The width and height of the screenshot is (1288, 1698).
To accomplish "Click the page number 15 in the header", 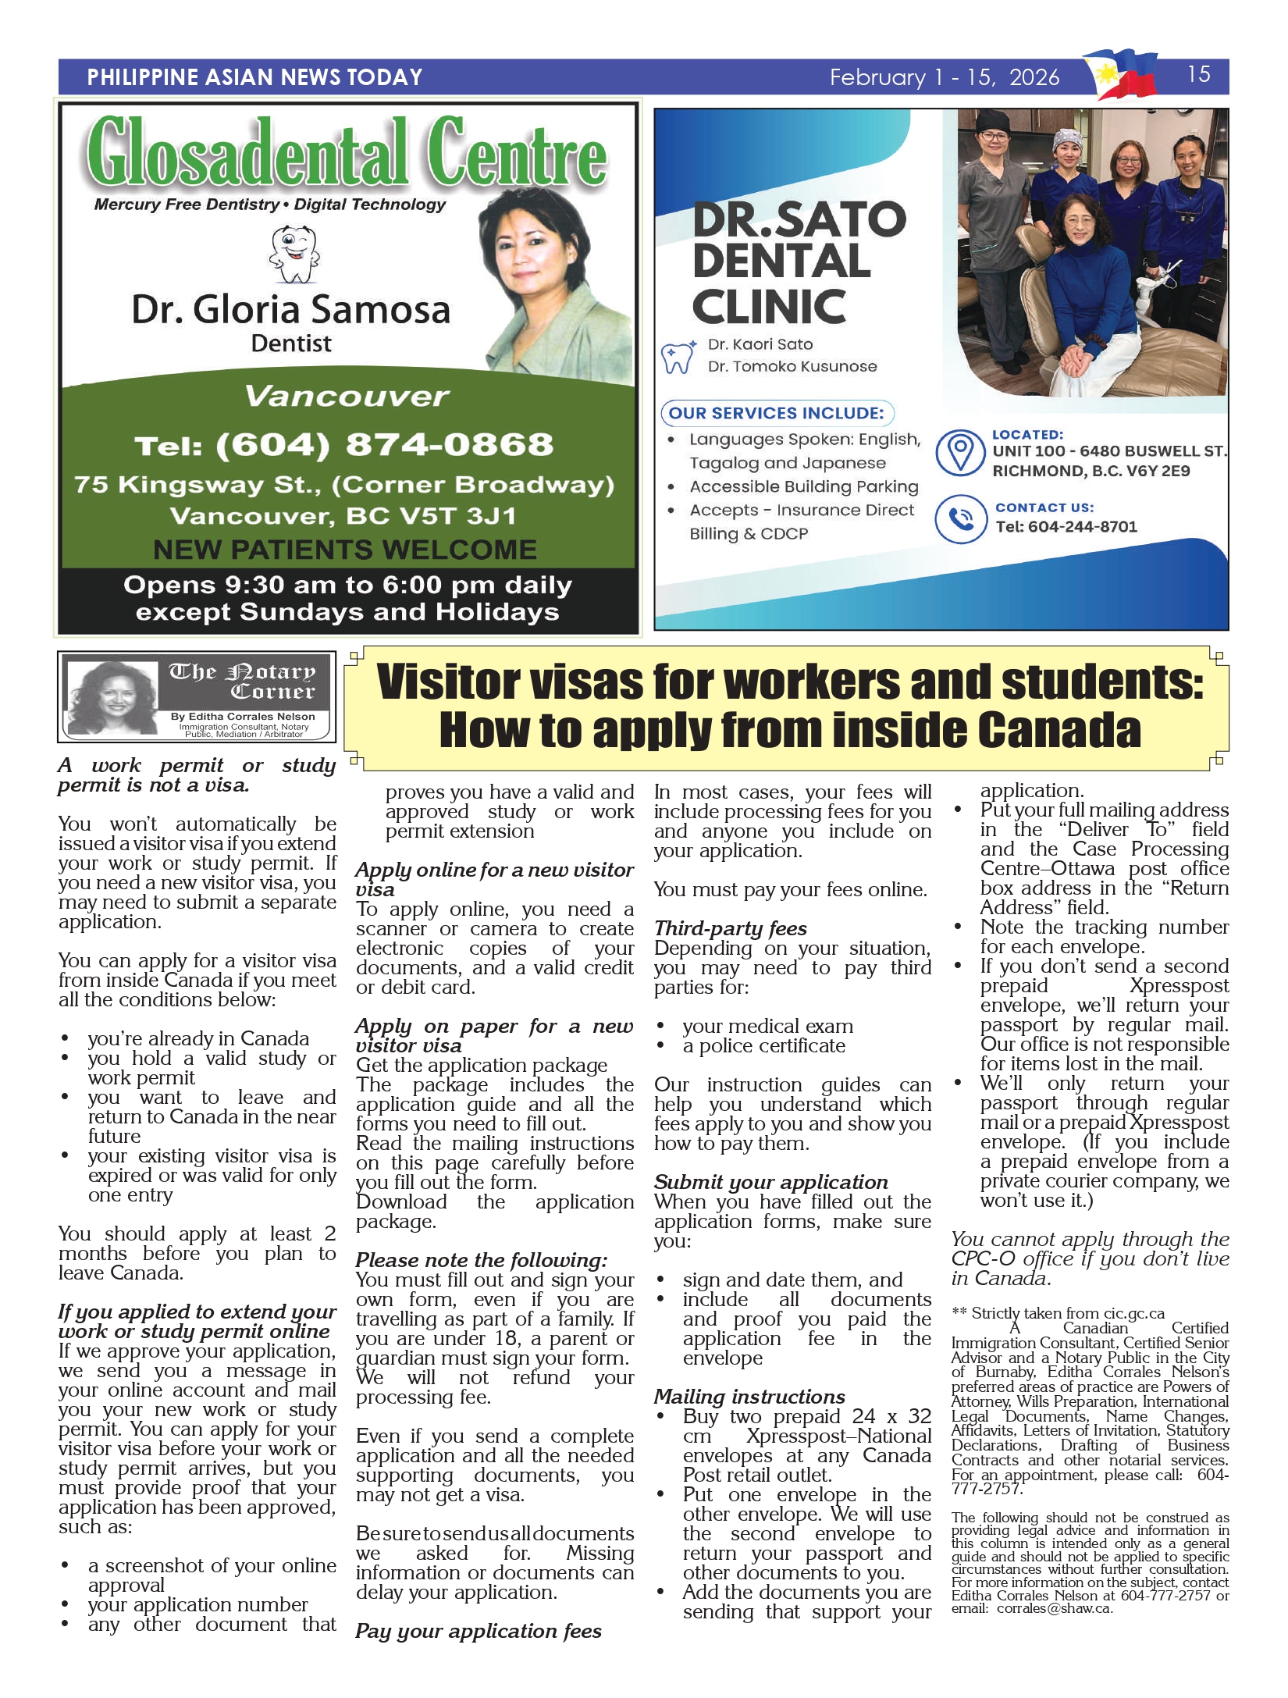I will (x=1198, y=75).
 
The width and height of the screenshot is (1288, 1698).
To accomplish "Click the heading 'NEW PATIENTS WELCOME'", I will (x=345, y=550).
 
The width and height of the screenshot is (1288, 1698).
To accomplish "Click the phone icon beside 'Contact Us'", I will (x=960, y=518).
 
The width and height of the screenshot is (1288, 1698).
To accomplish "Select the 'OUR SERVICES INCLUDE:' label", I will (x=777, y=413).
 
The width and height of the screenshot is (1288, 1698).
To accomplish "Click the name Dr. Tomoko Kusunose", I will (x=792, y=366).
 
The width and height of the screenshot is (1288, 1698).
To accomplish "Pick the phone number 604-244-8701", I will (x=1082, y=527).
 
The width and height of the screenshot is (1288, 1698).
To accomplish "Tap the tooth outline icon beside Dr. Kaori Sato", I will (x=678, y=358).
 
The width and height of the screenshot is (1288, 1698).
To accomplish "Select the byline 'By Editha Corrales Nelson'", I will (x=243, y=716).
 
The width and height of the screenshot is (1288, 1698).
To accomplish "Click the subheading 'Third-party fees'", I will (x=731, y=928).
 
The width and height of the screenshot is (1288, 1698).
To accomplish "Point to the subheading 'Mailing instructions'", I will (x=749, y=1397).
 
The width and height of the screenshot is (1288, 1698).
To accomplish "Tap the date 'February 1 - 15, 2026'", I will (x=945, y=77).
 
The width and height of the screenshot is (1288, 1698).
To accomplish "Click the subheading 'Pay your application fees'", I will (x=479, y=1631).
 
